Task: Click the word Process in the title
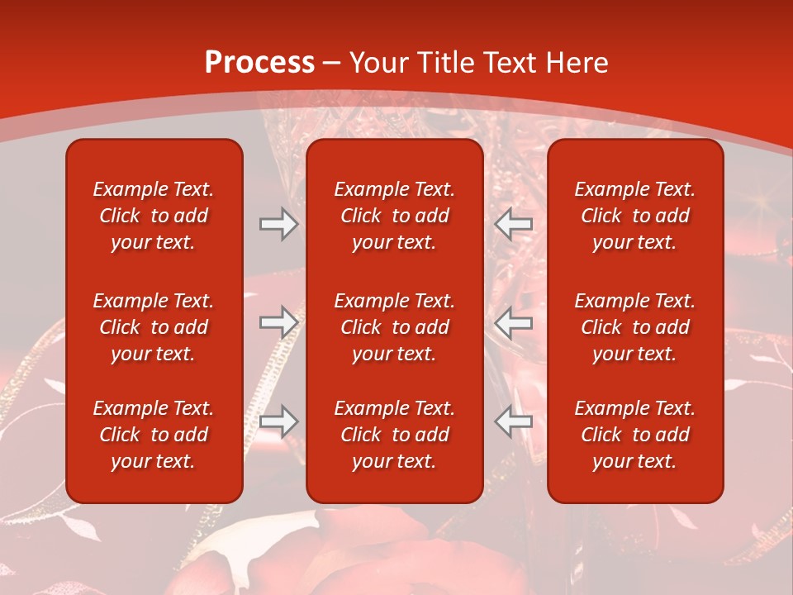[259, 63]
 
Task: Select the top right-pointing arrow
[278, 224]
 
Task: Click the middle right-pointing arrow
[278, 321]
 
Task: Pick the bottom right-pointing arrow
[278, 421]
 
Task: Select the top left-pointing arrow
[514, 224]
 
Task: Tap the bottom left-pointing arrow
[514, 421]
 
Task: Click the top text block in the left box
[154, 216]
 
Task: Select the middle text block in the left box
[154, 327]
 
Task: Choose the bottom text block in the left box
[154, 435]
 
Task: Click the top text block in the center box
[394, 216]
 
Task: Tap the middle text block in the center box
[394, 327]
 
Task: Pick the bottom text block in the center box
[394, 435]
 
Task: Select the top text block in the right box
[634, 216]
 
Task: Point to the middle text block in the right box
[634, 327]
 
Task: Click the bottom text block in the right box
[634, 435]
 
